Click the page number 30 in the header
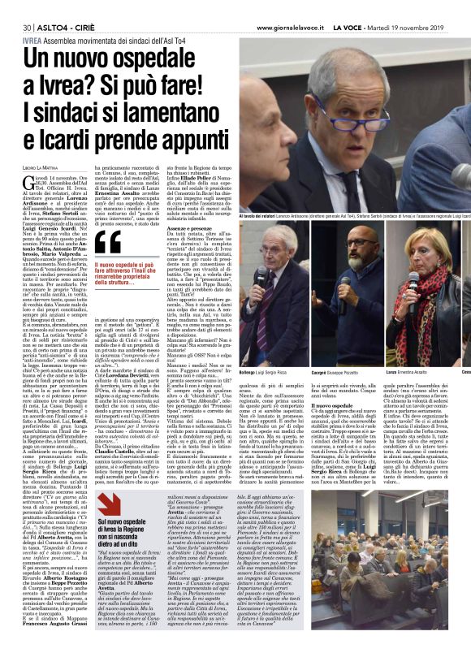click(x=15, y=8)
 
